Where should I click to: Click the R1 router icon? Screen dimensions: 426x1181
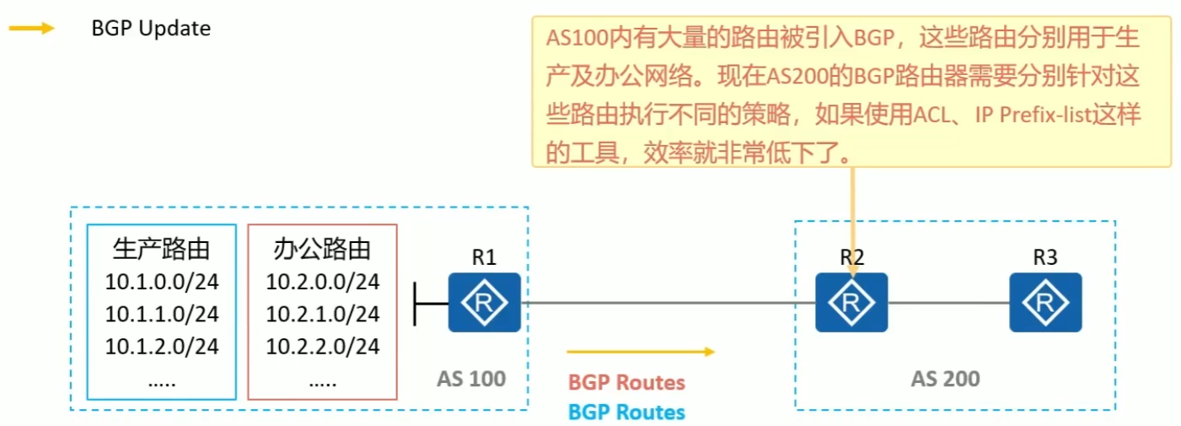[484, 302]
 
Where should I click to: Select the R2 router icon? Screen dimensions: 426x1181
[851, 302]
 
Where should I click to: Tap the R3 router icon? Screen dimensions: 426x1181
[1046, 302]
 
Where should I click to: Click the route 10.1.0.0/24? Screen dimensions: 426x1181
[162, 282]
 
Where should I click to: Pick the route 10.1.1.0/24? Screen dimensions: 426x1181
[162, 314]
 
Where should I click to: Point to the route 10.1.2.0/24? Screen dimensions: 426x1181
[162, 346]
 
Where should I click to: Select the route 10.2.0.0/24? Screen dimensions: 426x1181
[323, 282]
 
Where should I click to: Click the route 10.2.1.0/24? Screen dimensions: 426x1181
[323, 314]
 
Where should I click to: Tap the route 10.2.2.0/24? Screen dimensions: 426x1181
[323, 346]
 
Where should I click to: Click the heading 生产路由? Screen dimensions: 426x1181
[161, 250]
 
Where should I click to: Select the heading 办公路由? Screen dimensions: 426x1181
[323, 250]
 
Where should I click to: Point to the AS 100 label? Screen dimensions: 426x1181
[471, 378]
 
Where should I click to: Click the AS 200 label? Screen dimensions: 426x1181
[945, 379]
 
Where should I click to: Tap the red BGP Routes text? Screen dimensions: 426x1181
[626, 382]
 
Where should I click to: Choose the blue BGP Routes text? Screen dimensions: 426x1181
[626, 412]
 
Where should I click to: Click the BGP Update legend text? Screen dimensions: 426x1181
[151, 28]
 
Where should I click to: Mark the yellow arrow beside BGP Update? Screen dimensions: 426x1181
[32, 28]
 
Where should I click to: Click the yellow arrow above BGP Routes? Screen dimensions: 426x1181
[641, 351]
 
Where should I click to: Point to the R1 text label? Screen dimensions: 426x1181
[484, 258]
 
